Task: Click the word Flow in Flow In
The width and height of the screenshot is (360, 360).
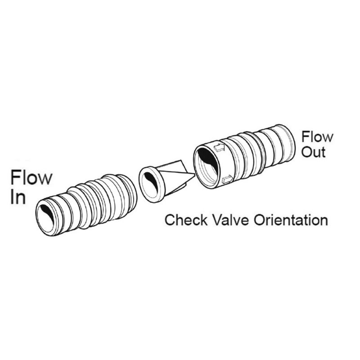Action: coord(31,177)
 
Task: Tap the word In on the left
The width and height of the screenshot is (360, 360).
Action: coord(18,197)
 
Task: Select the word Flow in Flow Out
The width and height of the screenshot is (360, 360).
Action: coord(317,137)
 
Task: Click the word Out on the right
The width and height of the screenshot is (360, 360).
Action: coord(314,152)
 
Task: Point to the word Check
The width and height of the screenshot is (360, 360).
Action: coord(186,220)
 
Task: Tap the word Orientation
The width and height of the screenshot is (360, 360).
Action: coord(291,220)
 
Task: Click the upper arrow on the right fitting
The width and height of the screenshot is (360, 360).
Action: coord(219,148)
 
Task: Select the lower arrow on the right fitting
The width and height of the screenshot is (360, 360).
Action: coord(228,179)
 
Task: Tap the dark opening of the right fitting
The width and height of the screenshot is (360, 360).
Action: coord(207,158)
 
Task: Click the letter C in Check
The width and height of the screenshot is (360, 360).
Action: coord(170,220)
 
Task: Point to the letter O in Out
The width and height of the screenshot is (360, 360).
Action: coord(307,152)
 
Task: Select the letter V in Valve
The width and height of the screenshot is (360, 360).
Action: coord(216,220)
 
